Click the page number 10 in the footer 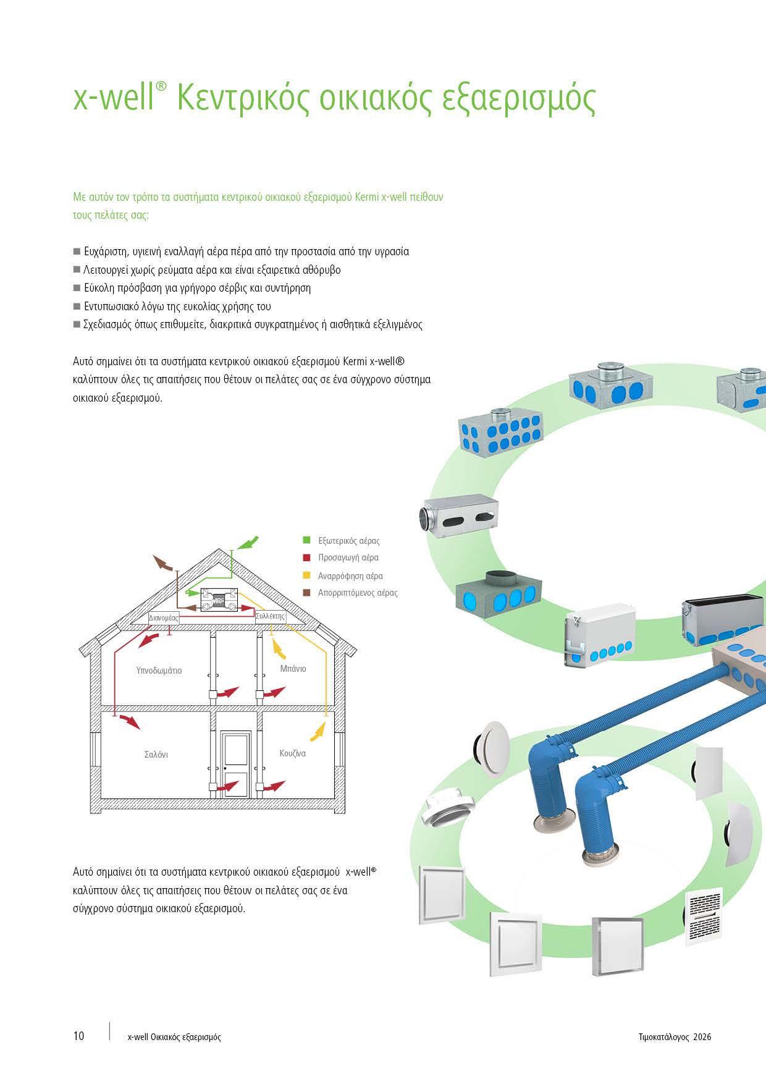(x=78, y=1036)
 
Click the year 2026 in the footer (x=702, y=1036)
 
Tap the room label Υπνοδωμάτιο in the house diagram (x=159, y=671)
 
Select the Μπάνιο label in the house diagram (x=293, y=668)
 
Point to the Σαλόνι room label (x=156, y=755)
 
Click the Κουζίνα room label (x=292, y=753)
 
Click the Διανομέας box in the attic (x=164, y=617)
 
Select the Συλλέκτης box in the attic (x=271, y=616)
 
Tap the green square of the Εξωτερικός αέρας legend (x=306, y=540)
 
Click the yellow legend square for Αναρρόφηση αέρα (x=306, y=575)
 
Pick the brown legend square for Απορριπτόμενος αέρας (x=306, y=592)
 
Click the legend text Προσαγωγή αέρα (x=348, y=557)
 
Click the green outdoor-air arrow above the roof (x=248, y=542)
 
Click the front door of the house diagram (x=237, y=763)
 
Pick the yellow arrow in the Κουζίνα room (x=317, y=733)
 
